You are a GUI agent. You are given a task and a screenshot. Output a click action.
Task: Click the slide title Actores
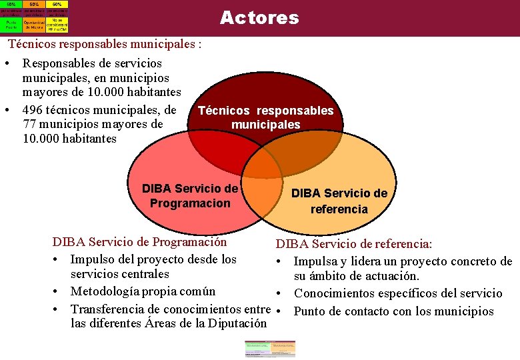(x=259, y=18)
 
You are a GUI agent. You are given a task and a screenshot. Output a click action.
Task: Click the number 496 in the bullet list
(x=34, y=110)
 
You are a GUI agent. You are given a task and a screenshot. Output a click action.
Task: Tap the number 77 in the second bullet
(x=30, y=124)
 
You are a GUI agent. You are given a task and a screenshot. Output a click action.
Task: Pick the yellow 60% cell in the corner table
(x=57, y=3)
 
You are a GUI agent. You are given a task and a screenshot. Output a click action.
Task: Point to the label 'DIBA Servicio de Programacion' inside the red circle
(x=190, y=195)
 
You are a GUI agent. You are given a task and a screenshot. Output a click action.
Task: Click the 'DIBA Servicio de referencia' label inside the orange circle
(x=339, y=201)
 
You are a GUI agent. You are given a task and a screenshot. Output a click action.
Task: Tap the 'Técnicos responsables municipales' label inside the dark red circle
(x=266, y=118)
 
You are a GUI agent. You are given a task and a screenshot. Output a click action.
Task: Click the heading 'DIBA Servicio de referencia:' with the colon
(x=354, y=245)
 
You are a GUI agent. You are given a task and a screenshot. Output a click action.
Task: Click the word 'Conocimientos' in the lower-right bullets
(x=336, y=293)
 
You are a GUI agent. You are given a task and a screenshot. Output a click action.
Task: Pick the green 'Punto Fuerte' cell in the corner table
(x=11, y=25)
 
